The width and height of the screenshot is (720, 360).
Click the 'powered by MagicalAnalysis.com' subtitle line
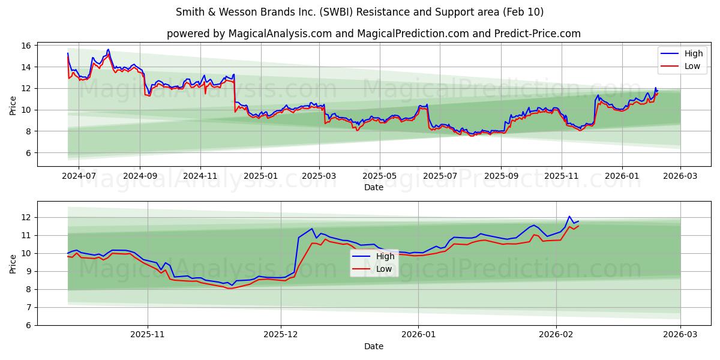coord(373,34)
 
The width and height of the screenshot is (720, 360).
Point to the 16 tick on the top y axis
coord(27,46)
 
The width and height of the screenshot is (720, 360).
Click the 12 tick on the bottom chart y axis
coord(27,217)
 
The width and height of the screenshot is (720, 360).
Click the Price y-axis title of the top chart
coord(13,106)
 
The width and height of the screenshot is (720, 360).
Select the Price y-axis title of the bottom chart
coord(13,263)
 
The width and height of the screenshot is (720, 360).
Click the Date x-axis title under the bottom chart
coord(373,346)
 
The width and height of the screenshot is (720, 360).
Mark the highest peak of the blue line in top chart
coord(108,49)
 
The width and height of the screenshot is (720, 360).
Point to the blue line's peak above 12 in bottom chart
coord(569,216)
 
